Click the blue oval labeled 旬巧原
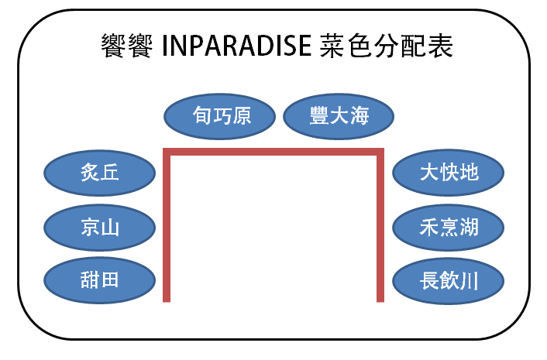point(219,116)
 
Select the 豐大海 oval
point(339,116)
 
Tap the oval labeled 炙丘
point(99,173)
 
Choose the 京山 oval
point(99,228)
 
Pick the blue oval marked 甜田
point(99,280)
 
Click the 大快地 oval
point(449,173)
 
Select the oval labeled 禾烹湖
point(449,228)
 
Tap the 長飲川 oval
point(449,281)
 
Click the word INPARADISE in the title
point(236,46)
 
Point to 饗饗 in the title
point(126,46)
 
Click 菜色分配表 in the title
point(386,46)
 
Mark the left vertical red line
point(167,225)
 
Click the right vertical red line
point(380,225)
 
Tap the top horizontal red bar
point(273,152)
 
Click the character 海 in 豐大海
point(360,115)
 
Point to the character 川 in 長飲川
point(469,280)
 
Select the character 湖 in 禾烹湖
point(469,227)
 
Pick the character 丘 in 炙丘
point(109,173)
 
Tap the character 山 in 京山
point(109,228)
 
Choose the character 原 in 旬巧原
point(242,115)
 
